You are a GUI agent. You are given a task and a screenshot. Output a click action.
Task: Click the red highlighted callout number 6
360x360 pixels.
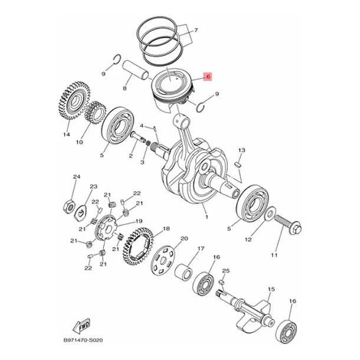[x=208, y=77]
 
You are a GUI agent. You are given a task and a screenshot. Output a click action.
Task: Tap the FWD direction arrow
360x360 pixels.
[x=81, y=326]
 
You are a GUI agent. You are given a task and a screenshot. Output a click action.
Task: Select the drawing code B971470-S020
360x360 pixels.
[x=83, y=340]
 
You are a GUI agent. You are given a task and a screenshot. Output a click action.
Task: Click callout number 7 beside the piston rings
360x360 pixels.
[x=195, y=30]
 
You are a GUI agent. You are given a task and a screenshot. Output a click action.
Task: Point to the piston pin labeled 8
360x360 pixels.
[x=136, y=70]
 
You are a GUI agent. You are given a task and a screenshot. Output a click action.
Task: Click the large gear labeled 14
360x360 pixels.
[x=73, y=100]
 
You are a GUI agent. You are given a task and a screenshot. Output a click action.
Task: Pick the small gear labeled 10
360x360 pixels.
[x=95, y=113]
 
